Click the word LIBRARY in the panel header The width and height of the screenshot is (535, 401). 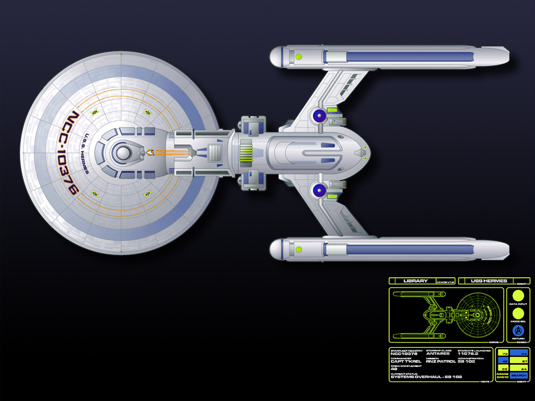click(415, 281)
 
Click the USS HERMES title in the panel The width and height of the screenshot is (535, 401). click(485, 281)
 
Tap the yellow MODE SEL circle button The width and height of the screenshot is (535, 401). click(517, 313)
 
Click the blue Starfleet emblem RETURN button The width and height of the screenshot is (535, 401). click(517, 331)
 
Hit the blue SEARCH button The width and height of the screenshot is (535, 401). click(519, 375)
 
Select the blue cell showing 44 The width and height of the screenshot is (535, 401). click(519, 353)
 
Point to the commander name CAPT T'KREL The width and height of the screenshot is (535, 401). click(406, 361)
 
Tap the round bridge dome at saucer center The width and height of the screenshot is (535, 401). click(122, 153)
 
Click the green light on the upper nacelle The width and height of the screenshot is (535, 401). click(299, 56)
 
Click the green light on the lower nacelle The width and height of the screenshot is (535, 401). click(299, 249)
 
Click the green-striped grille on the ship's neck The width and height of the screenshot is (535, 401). click(246, 154)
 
